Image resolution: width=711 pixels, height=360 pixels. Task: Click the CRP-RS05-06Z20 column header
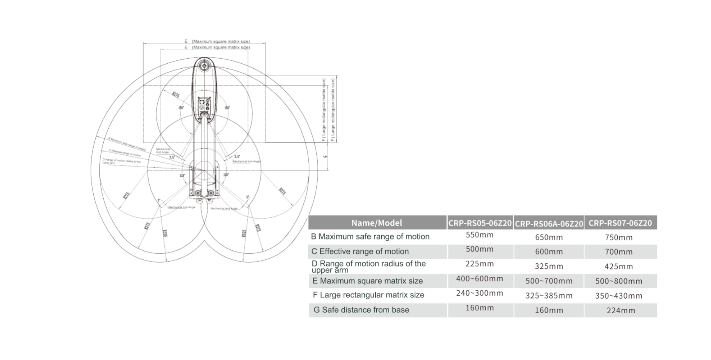480,223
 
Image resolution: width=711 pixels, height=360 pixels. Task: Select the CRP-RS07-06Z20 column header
620,223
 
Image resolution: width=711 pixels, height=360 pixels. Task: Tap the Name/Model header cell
377,223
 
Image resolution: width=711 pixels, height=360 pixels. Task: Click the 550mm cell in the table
480,235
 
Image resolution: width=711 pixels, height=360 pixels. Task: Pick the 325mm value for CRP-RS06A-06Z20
549,266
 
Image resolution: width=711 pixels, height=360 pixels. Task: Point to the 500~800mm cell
618,281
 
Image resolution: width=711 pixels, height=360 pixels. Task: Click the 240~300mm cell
480,293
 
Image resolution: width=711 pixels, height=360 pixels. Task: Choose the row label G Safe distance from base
361,310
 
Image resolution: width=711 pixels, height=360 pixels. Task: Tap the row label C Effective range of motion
360,251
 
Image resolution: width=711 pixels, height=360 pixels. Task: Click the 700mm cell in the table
618,252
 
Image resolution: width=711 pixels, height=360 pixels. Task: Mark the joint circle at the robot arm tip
204,66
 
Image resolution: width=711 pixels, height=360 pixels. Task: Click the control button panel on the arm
204,104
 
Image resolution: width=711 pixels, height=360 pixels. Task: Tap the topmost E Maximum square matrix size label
217,41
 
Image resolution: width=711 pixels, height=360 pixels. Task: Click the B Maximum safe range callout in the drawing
127,144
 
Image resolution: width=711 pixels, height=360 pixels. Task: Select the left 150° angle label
181,108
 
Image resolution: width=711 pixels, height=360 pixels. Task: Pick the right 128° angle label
226,175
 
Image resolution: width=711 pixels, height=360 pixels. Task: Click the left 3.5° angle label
172,157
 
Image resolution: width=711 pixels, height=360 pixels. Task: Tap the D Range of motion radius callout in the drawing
121,161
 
